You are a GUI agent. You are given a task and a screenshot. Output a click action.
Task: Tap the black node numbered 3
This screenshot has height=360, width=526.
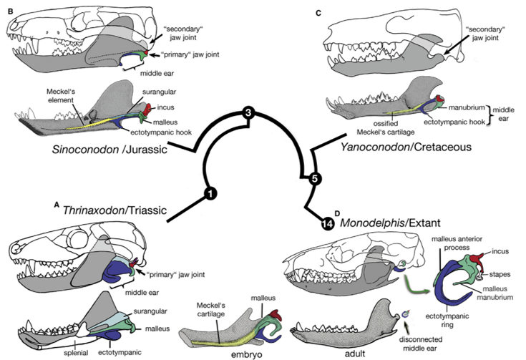tap(248, 113)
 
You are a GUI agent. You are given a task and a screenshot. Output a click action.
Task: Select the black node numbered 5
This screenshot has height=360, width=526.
tap(315, 178)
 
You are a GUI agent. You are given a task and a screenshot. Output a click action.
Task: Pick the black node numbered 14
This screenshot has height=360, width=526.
tap(328, 224)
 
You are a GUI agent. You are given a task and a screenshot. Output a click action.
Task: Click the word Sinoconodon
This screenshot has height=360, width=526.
tap(85, 149)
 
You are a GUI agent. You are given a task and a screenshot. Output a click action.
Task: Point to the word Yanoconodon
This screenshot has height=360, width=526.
tap(375, 147)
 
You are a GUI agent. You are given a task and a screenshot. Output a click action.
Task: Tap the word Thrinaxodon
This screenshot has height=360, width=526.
tap(94, 210)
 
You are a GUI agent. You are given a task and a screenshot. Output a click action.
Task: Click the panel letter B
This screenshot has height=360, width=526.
tap(11, 11)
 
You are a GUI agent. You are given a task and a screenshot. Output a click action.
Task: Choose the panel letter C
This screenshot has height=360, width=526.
tap(318, 13)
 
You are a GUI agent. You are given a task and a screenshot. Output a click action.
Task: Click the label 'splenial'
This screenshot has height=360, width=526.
tap(76, 353)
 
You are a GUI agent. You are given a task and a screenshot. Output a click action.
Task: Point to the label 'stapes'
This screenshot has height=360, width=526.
tap(500, 274)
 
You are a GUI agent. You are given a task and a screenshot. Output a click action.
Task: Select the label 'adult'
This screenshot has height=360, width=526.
tap(355, 354)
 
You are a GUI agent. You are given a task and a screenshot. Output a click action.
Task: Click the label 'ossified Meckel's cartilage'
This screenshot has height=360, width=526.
tap(386, 128)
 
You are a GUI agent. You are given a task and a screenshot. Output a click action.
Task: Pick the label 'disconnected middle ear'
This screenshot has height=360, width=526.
tap(421, 344)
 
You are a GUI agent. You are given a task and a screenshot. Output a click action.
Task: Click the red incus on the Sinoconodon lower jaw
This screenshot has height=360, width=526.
tap(147, 109)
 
